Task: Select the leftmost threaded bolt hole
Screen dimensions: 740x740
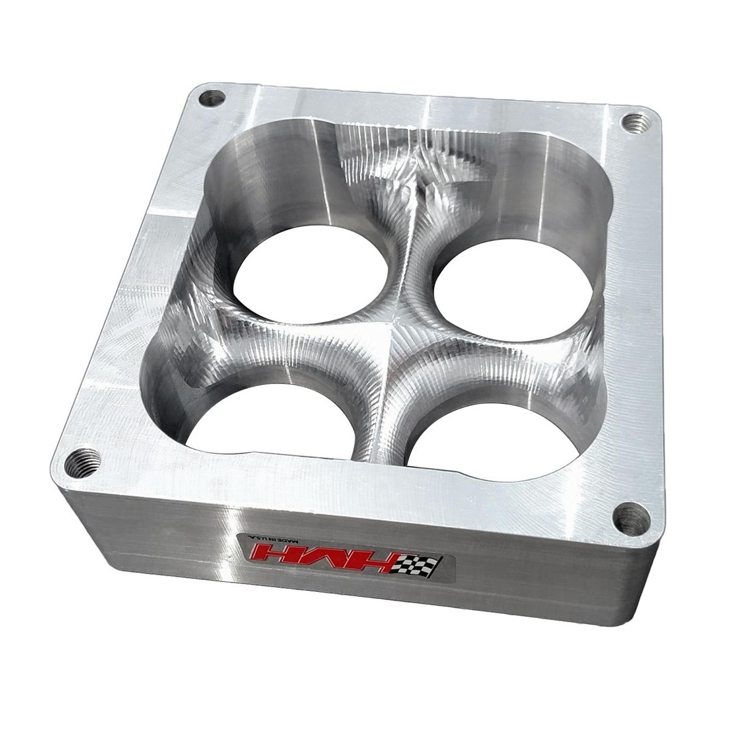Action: (79, 459)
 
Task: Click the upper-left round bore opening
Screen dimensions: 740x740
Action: (313, 276)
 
